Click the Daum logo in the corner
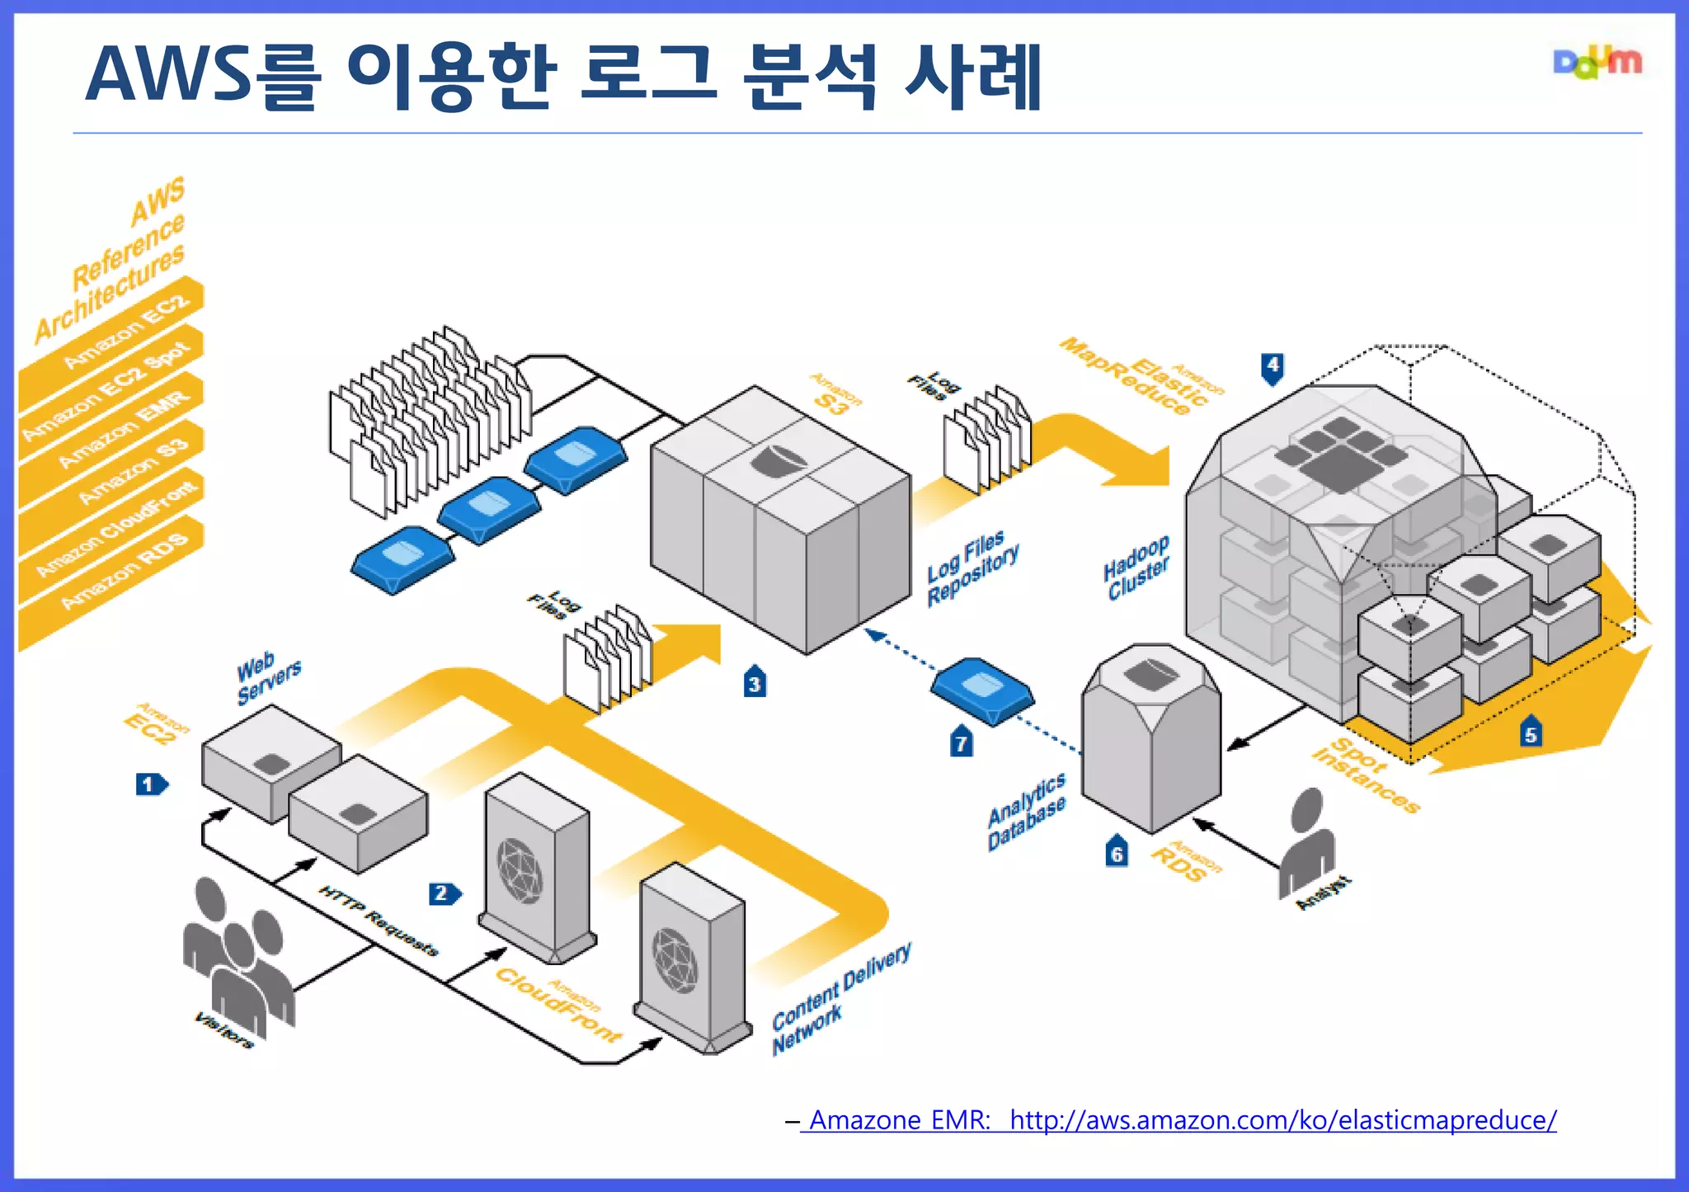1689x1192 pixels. tap(1597, 63)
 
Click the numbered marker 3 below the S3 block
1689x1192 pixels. tap(755, 682)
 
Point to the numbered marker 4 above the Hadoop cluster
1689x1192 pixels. tap(1273, 367)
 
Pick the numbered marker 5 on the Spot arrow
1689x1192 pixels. tap(1531, 733)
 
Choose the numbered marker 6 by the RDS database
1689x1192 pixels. tap(1116, 852)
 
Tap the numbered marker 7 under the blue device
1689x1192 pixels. tap(961, 742)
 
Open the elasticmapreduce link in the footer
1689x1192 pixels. tap(1282, 1120)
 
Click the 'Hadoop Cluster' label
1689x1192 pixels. tap(1136, 567)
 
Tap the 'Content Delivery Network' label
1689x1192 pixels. tap(840, 998)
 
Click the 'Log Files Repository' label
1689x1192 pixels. tap(972, 567)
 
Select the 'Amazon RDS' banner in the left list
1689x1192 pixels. tap(124, 569)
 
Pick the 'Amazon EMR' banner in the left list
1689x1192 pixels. tap(124, 429)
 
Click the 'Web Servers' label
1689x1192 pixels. tap(268, 676)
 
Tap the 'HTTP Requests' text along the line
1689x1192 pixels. tap(379, 920)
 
